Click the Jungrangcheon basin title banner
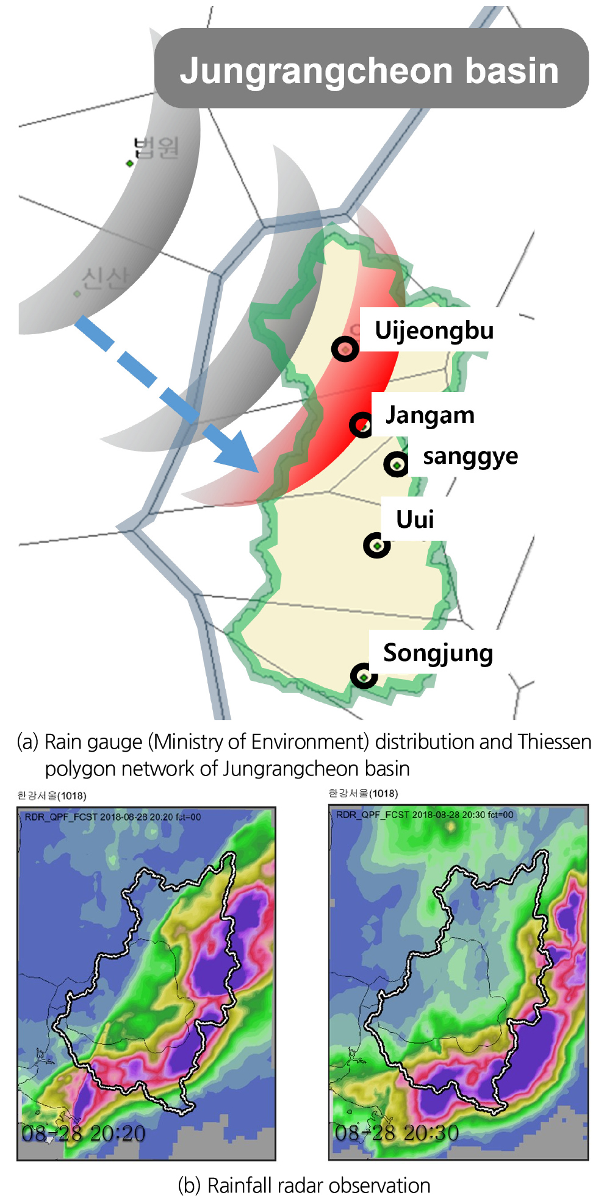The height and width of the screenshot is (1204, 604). (x=370, y=69)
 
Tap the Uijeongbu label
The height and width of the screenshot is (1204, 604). (x=434, y=330)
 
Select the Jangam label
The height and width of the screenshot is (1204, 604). (x=430, y=415)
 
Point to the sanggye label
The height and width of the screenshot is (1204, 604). (x=470, y=456)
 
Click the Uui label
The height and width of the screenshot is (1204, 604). (x=415, y=519)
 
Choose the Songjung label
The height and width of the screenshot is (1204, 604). (x=437, y=653)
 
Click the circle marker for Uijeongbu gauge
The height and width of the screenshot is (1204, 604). (x=345, y=349)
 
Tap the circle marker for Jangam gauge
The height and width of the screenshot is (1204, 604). (x=361, y=424)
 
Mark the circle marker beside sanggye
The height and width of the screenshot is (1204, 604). (x=397, y=465)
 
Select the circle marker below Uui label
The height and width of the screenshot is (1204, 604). (x=376, y=545)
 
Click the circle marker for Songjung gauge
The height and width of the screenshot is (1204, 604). (x=364, y=676)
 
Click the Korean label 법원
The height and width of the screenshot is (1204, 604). (x=157, y=148)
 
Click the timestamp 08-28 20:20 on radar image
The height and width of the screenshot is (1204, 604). (x=84, y=1133)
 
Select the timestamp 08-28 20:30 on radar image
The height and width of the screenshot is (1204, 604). (x=397, y=1133)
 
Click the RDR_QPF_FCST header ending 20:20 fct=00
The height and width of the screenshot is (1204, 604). (x=113, y=817)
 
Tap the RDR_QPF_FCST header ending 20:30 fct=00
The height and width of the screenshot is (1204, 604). (x=425, y=814)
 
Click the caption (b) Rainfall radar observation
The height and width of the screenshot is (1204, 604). (x=304, y=1185)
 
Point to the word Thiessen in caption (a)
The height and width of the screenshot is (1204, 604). (x=554, y=742)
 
